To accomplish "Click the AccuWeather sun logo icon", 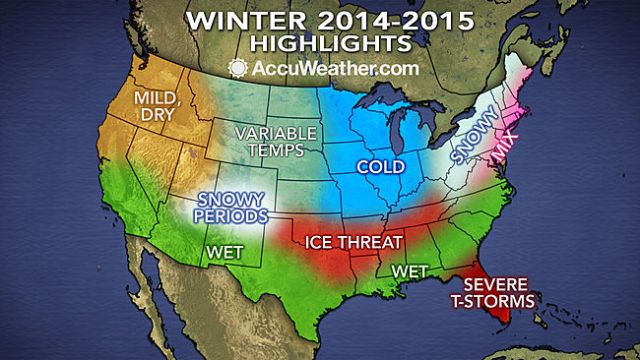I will click(x=238, y=69).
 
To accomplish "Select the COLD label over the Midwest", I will click(x=385, y=169).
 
